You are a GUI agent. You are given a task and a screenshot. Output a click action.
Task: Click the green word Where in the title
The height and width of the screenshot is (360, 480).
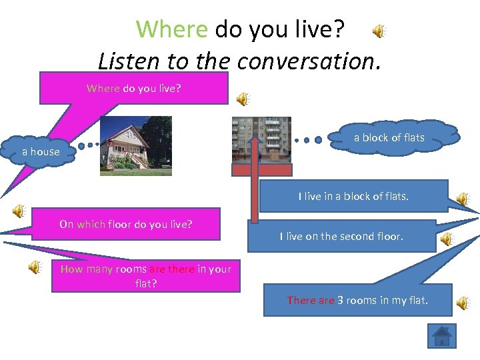click(x=172, y=29)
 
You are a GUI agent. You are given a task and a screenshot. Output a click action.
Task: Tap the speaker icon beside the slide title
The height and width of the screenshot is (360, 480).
click(x=378, y=31)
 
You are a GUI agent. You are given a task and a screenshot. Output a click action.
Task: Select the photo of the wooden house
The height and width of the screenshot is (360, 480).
click(x=136, y=146)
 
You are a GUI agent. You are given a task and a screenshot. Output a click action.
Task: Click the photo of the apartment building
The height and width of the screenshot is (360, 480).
click(x=261, y=139)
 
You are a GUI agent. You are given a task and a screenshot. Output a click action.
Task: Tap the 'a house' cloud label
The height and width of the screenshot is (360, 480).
click(x=41, y=152)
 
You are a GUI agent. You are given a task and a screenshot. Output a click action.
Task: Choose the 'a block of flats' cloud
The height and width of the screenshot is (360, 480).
click(x=389, y=138)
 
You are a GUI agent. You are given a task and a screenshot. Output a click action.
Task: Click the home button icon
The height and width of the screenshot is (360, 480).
click(x=441, y=335)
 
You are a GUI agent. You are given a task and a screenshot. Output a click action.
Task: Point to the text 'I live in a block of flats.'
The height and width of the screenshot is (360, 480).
click(x=353, y=197)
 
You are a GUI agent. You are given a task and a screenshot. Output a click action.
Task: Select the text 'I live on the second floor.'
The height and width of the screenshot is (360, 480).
click(x=341, y=236)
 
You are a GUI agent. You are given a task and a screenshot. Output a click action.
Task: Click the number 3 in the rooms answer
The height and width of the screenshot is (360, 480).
click(x=340, y=301)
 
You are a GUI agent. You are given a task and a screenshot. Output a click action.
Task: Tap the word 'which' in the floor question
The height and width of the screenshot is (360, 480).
click(x=90, y=224)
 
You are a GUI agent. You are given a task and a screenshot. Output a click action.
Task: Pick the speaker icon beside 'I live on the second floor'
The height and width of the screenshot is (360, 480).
click(x=446, y=239)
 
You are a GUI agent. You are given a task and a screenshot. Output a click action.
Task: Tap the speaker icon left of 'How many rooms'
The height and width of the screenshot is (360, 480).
click(x=34, y=267)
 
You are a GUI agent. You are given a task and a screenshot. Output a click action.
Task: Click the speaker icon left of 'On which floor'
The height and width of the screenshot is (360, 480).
click(x=18, y=211)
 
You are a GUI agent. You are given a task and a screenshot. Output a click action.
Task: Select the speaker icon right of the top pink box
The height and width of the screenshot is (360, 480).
click(x=243, y=99)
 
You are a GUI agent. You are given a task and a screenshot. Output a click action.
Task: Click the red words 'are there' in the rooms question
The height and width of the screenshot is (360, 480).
click(x=172, y=269)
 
